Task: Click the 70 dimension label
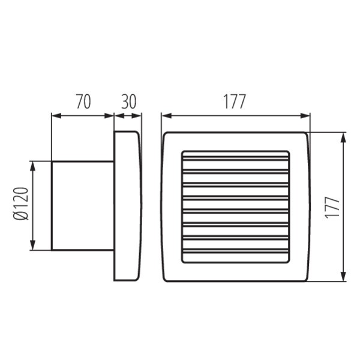(x=83, y=101)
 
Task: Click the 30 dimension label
(x=128, y=101)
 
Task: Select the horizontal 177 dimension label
(x=235, y=101)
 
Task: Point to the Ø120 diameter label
(x=21, y=203)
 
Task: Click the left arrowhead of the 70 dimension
(x=56, y=116)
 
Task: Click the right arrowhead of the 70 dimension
(x=109, y=116)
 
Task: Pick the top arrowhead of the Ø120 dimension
(x=33, y=166)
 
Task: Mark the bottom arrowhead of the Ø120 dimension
(x=33, y=245)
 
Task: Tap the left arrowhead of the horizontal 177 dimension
(x=166, y=116)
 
